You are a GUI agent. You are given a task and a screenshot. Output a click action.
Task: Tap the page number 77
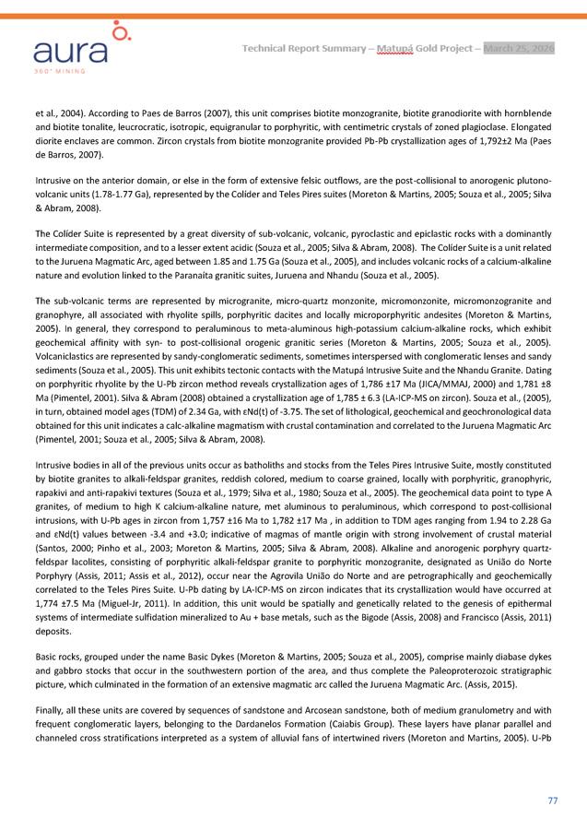552,800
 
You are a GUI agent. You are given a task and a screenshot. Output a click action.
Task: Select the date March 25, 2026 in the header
520,48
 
